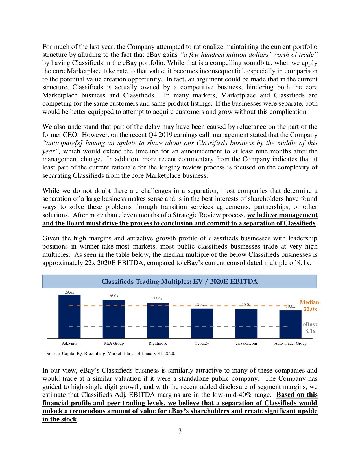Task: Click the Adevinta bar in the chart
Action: pyautogui.click(x=69, y=316)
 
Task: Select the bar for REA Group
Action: pyautogui.click(x=114, y=319)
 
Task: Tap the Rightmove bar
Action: pyautogui.click(x=158, y=321)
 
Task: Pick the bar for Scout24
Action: pyautogui.click(x=202, y=323)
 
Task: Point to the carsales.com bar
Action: pyautogui.click(x=246, y=323)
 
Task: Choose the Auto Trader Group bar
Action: pyautogui.click(x=290, y=324)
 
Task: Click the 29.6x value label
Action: pyautogui.click(x=69, y=292)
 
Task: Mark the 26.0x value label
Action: pyautogui.click(x=114, y=296)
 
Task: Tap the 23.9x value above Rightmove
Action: pyautogui.click(x=158, y=299)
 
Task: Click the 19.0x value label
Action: pyautogui.click(x=290, y=306)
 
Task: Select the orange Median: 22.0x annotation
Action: pyautogui.click(x=310, y=306)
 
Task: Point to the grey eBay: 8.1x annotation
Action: pyautogui.click(x=310, y=328)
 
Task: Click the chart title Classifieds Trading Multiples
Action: pyautogui.click(x=179, y=281)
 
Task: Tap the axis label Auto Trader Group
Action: pyautogui.click(x=290, y=343)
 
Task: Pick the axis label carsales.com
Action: pyautogui.click(x=246, y=343)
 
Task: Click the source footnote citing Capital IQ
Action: pyautogui.click(x=111, y=353)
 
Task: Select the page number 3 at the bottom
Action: pyautogui.click(x=180, y=431)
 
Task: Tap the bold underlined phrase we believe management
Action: pyautogui.click(x=282, y=215)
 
